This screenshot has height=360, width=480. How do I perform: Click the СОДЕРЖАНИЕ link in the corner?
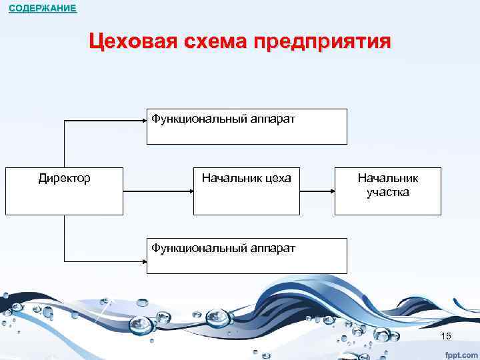[x=43, y=9]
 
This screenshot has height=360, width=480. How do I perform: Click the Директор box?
[x=65, y=191]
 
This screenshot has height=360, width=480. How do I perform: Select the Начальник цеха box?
[x=247, y=191]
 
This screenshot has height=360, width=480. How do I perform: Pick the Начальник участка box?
[x=387, y=191]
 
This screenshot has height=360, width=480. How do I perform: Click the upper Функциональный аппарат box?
[x=247, y=127]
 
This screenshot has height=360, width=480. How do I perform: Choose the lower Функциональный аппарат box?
[x=247, y=256]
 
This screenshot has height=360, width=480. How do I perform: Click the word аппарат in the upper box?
[x=273, y=119]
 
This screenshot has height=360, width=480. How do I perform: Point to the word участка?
[x=387, y=193]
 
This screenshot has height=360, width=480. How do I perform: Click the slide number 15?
[x=446, y=336]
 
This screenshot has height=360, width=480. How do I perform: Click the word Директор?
[x=65, y=178]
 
